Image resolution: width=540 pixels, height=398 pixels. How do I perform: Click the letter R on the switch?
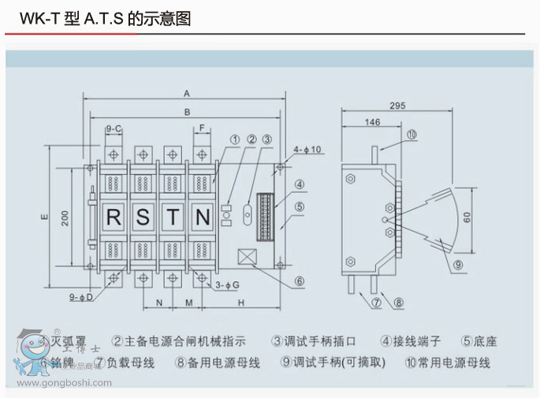[x=114, y=217]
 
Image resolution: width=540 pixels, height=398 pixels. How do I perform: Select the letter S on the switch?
[x=143, y=217]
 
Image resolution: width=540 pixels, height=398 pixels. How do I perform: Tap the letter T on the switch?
[x=173, y=217]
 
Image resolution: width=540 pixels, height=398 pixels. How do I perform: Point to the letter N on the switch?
[x=202, y=217]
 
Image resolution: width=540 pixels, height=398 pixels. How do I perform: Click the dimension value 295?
[x=397, y=106]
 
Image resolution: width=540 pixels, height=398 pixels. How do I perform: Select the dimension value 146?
[x=372, y=122]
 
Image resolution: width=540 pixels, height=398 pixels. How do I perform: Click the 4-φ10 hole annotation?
[x=307, y=149]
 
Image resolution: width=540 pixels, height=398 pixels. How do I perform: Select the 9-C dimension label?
[x=114, y=128]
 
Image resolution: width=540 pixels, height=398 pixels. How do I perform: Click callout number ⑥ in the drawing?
[x=300, y=281]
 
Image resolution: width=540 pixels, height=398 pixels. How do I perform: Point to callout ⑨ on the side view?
[x=458, y=265]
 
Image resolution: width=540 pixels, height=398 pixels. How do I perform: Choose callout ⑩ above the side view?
[x=412, y=135]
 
